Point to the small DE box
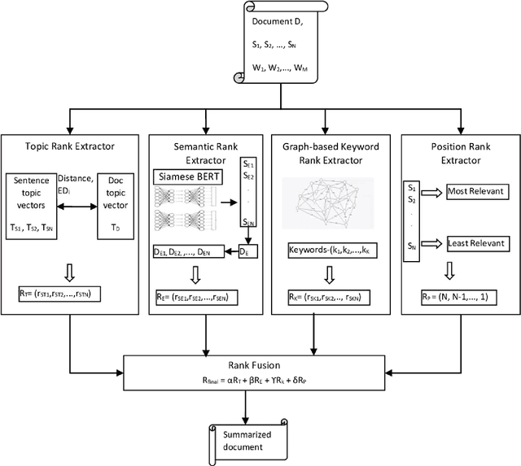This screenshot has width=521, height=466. point(246,253)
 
